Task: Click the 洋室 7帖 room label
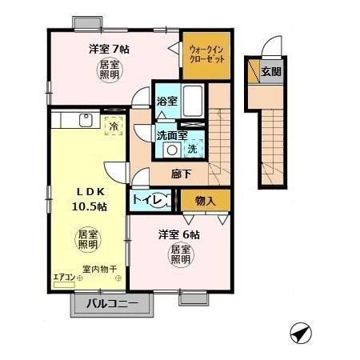point(109,48)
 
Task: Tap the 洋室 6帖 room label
point(178,234)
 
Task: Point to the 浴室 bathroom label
point(166,102)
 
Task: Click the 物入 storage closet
point(205,200)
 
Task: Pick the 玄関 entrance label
point(270,71)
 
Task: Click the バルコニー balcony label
point(112,304)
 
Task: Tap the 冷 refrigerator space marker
point(114,126)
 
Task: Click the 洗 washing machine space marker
point(192,149)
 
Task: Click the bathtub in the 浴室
point(191,101)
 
